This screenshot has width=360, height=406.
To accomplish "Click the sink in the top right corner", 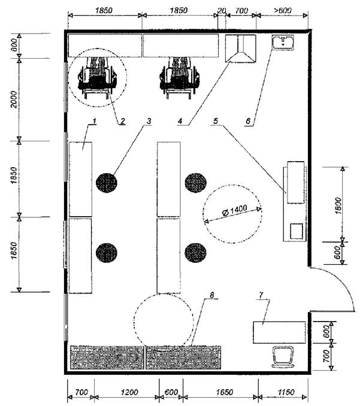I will [283, 43].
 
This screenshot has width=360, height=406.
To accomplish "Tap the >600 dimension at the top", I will [282, 11].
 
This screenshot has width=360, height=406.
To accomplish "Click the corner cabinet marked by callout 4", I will [241, 48].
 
